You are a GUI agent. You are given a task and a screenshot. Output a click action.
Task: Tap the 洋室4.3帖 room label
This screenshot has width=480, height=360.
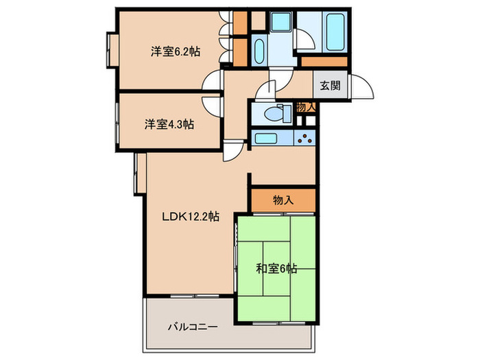tap(169, 124)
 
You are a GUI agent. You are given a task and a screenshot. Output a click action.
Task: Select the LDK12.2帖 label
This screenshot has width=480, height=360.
tap(190, 217)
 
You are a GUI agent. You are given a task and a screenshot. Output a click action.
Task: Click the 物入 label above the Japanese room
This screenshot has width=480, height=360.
tap(283, 200)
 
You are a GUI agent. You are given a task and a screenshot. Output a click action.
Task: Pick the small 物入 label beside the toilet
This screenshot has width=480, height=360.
tap(305, 107)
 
